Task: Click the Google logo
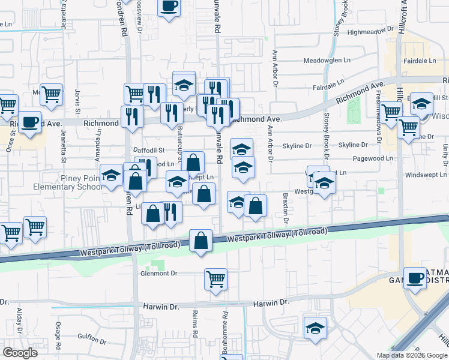[20, 353]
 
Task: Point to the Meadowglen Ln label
[327, 61]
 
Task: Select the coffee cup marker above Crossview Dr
[169, 6]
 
